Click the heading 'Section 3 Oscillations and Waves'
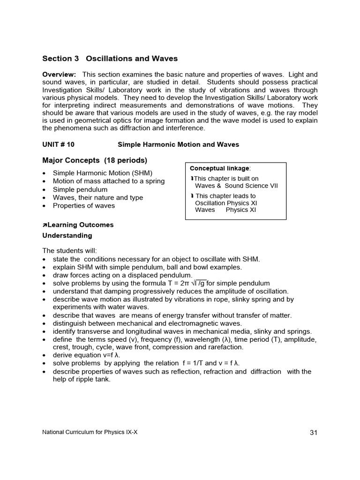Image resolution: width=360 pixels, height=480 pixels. coord(110,59)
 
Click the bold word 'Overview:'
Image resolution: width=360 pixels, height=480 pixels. coord(59,75)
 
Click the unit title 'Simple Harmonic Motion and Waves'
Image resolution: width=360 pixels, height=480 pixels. coord(178,144)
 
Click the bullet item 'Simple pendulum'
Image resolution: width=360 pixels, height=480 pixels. coord(80,189)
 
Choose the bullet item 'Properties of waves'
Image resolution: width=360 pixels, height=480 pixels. coord(83,205)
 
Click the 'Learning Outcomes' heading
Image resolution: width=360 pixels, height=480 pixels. coord(80,225)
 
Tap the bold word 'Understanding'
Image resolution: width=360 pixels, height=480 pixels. coord(67,235)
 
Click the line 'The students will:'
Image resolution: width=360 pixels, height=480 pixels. coord(69,251)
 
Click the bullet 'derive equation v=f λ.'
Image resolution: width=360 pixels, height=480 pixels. coord(86,355)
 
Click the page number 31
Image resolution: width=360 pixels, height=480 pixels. coord(314,433)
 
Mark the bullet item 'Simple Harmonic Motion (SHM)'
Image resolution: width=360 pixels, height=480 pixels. coord(102,173)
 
